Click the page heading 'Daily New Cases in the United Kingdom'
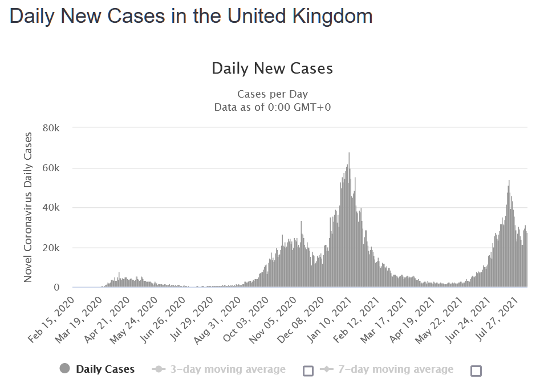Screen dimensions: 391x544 click(191, 15)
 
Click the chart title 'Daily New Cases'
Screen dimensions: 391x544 click(272, 68)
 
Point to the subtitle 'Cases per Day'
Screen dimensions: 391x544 click(272, 94)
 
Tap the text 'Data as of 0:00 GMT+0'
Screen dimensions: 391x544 click(272, 107)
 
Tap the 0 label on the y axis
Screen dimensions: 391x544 click(56, 288)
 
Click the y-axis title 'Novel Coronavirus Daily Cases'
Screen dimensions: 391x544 click(28, 208)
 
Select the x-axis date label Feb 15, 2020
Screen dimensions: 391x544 click(52, 320)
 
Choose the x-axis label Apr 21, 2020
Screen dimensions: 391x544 click(107, 320)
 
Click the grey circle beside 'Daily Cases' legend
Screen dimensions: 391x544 click(64, 369)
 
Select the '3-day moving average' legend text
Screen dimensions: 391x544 click(228, 369)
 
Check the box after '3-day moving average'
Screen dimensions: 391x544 click(308, 371)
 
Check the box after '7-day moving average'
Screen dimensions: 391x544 click(476, 371)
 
